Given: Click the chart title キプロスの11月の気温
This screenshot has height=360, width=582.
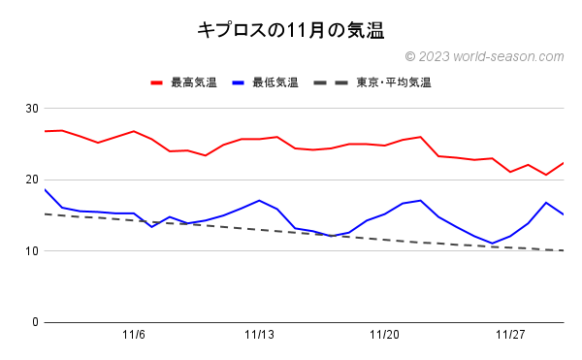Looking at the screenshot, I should point(291,30).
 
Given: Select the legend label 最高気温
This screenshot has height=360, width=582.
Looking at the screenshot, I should point(194,82).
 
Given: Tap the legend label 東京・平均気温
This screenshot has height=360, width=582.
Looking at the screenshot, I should point(393,82).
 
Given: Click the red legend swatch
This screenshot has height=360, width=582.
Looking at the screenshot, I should point(157,82).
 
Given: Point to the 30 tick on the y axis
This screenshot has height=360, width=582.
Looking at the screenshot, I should point(32,108).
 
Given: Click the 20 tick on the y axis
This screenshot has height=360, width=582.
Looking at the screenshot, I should point(32,180).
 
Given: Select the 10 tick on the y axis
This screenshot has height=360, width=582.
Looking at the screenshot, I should point(32,251).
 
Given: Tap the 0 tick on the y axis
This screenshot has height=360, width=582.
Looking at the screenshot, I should point(35,322).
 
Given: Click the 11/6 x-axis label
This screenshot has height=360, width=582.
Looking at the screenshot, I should point(134,336).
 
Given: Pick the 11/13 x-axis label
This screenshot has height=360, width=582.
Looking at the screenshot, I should point(259,336).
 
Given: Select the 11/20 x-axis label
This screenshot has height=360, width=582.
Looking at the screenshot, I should point(385,336).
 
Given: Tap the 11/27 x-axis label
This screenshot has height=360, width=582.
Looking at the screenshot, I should point(510,336).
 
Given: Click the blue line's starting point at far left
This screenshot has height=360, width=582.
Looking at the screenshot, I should point(45,189).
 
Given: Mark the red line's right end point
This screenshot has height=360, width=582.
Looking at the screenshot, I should point(564,163).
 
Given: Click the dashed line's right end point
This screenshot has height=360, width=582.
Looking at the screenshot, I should point(564,250).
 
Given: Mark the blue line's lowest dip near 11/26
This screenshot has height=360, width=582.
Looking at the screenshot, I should point(493,244).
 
